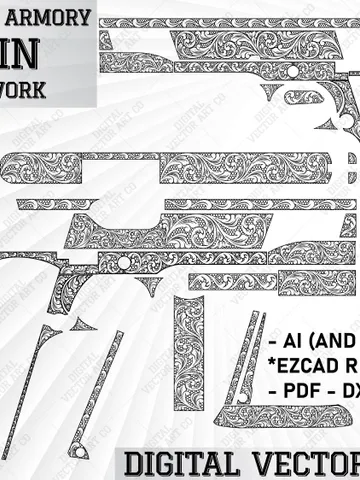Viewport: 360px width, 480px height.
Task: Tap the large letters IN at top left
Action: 27,52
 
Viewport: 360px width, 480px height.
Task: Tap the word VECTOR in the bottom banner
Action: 299,463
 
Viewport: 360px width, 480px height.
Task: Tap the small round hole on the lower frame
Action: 124,262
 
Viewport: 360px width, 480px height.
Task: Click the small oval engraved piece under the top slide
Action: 303,97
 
